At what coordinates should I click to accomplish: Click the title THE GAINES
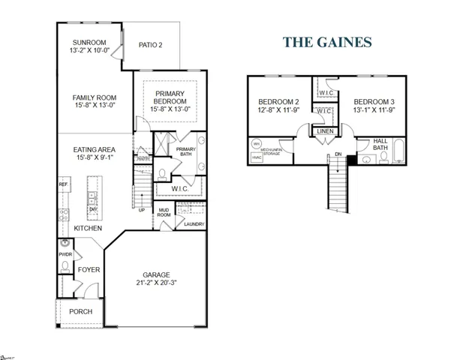coord(327,43)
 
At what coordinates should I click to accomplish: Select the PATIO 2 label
coord(151,45)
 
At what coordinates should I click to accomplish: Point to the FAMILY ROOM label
coord(94,97)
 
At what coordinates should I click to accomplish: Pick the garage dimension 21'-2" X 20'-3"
coord(158,283)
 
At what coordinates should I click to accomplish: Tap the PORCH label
coord(81,311)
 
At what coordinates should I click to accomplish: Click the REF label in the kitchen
coord(64,184)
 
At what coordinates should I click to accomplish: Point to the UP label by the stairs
coord(141,210)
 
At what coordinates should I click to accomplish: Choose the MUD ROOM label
coord(164,213)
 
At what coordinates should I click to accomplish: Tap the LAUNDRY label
coord(194,224)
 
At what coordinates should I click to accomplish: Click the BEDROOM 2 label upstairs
coord(278,102)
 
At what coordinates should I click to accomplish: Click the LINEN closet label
coord(324,131)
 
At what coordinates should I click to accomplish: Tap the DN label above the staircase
coord(338,155)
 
